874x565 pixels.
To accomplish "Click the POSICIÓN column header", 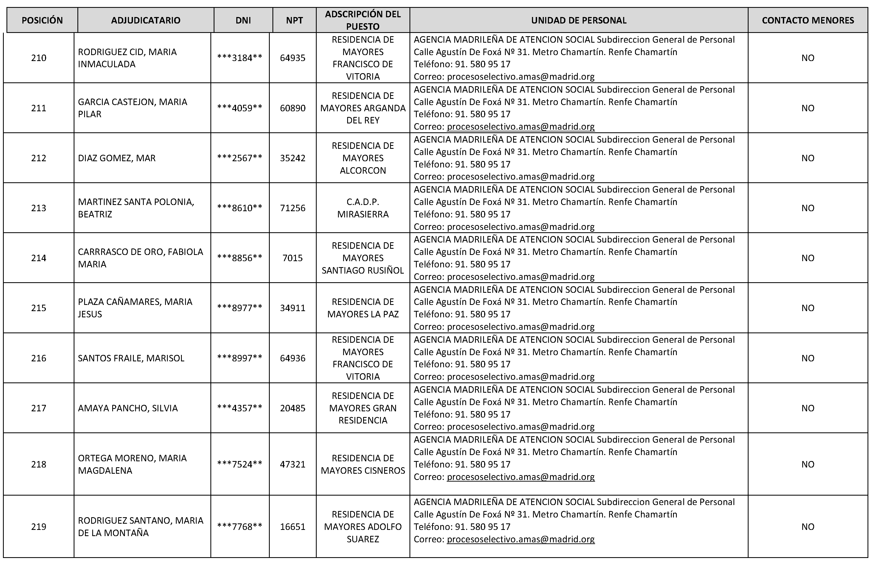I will tap(42, 21).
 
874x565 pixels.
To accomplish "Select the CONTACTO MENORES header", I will tap(808, 21).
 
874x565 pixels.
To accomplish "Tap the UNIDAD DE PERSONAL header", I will tap(579, 21).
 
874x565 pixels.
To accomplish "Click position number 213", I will tap(39, 208).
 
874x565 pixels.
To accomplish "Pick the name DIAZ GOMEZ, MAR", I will tap(117, 158).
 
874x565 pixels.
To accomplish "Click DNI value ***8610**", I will tap(240, 208).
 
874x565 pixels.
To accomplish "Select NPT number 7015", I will tap(292, 258).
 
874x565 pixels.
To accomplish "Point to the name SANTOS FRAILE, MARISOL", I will tap(131, 358).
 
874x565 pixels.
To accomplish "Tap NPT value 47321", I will tap(292, 464).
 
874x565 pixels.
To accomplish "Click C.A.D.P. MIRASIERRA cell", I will tap(363, 208).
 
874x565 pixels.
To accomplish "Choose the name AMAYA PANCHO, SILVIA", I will tap(128, 408).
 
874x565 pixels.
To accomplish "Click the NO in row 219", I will tap(808, 526).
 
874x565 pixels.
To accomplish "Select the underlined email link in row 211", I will tap(520, 127).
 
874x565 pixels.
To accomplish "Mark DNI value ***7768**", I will tap(240, 526).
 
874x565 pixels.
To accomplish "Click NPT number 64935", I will tap(292, 58).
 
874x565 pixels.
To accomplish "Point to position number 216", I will tap(39, 358).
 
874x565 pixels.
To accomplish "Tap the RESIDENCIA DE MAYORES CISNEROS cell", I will tap(363, 464).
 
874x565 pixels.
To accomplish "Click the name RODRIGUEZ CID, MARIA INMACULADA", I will tap(127, 58).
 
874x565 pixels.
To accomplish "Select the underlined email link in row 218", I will tap(520, 477).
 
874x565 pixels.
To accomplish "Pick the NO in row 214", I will tap(808, 258).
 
